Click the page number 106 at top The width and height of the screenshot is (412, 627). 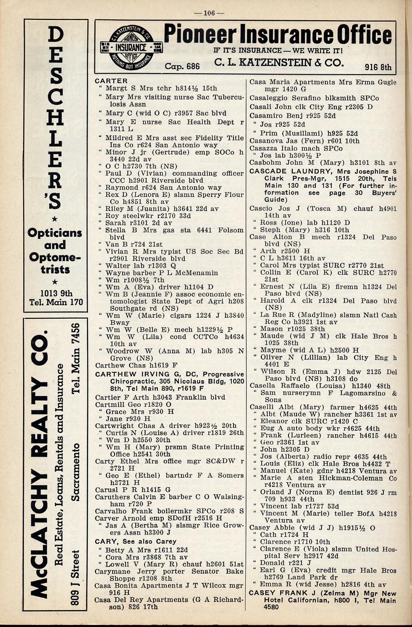click(209, 13)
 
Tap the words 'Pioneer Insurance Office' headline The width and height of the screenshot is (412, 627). click(277, 35)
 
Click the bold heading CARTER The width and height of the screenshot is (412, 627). click(111, 81)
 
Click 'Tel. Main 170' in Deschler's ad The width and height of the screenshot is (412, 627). click(56, 302)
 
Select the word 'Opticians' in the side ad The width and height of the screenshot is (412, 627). click(55, 233)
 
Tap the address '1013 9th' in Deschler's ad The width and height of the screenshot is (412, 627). click(56, 293)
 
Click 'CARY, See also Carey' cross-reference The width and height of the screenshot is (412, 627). click(135, 541)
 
